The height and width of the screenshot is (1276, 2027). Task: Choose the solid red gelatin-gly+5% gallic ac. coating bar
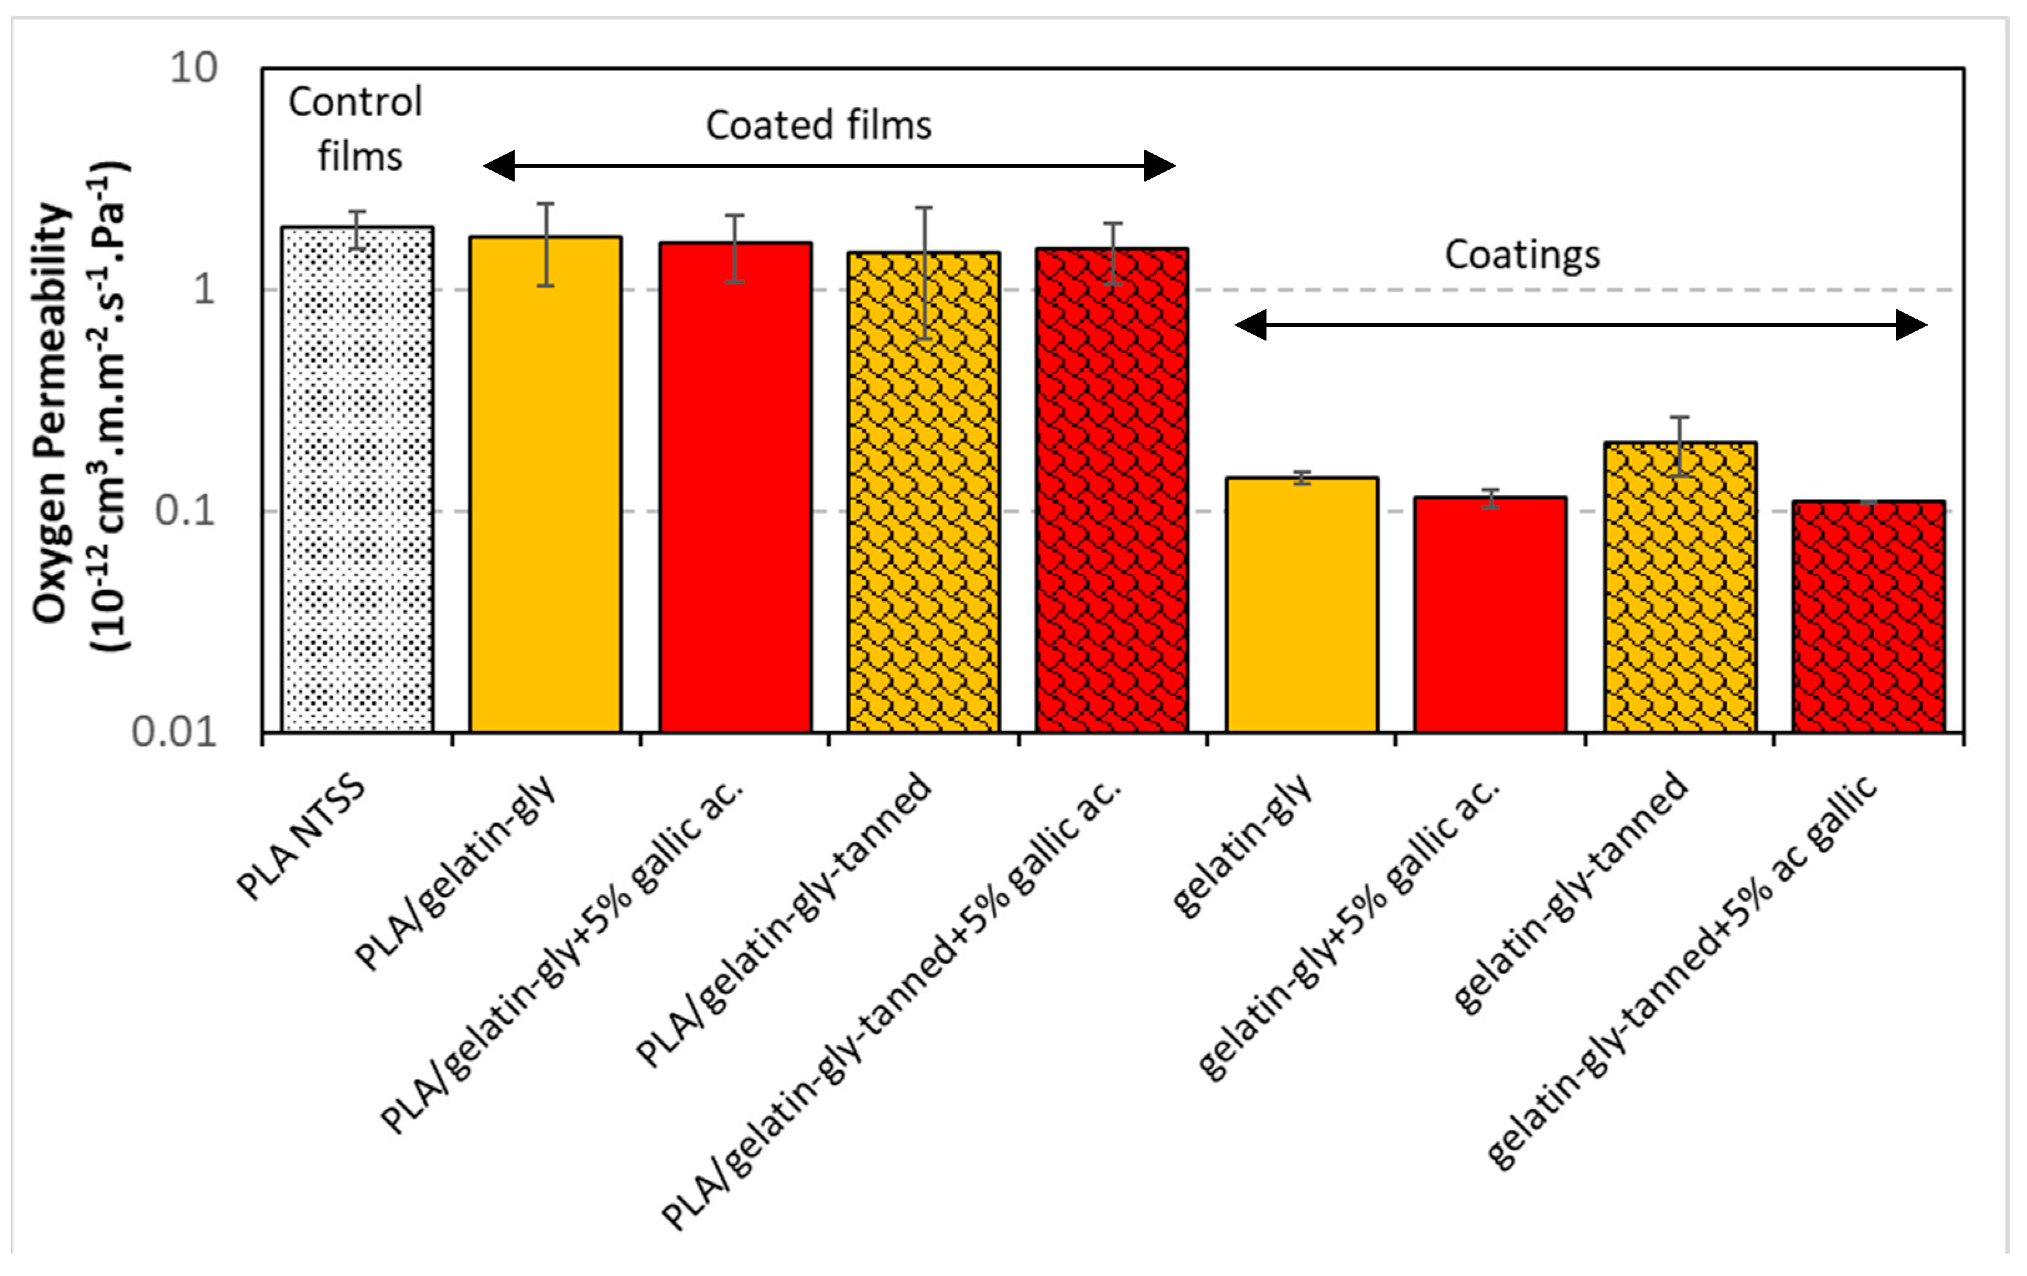coord(1490,614)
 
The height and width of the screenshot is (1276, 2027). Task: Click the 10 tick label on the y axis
coord(193,68)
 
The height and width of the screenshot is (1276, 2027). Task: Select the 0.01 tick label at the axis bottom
coord(174,732)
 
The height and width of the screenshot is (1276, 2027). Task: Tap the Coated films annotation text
coord(818,125)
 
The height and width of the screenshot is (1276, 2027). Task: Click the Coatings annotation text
coord(1522,255)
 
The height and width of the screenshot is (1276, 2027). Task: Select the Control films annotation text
coord(357,128)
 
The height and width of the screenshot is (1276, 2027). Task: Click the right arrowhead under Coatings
coord(1911,325)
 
